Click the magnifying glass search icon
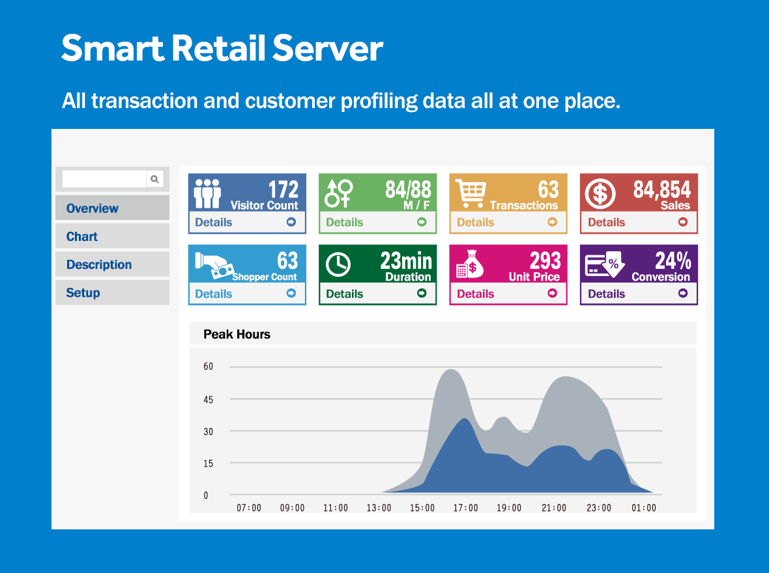(154, 179)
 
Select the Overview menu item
(92, 208)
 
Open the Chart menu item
(82, 236)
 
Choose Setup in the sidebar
(83, 292)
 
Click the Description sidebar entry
(99, 265)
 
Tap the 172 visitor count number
(283, 189)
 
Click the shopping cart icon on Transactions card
(471, 193)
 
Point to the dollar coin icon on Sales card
(600, 193)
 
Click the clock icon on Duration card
(338, 265)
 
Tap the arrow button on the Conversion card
(683, 293)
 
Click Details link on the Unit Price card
(475, 294)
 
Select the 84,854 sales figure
(661, 189)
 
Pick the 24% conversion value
(673, 260)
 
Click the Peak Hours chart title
(237, 334)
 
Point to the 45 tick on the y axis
(209, 400)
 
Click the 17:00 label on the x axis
(465, 508)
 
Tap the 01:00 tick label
(644, 508)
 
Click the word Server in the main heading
(328, 49)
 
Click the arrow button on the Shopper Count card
(291, 293)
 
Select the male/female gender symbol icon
(338, 193)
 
